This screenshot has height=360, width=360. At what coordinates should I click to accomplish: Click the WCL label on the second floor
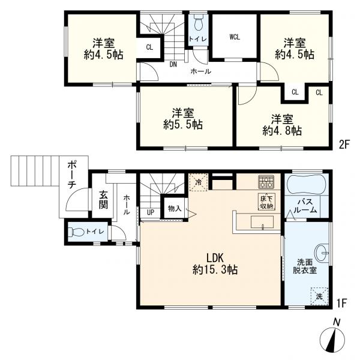click(x=235, y=37)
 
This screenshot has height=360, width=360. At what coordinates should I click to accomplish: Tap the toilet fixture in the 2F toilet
click(x=198, y=23)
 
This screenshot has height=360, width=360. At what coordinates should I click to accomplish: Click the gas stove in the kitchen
click(x=266, y=182)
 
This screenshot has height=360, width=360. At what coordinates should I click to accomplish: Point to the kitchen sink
click(x=262, y=222)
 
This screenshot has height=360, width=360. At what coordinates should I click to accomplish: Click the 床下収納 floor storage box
click(x=266, y=202)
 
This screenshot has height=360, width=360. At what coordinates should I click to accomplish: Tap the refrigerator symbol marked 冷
click(x=199, y=182)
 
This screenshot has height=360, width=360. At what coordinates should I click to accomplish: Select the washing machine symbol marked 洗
click(x=319, y=296)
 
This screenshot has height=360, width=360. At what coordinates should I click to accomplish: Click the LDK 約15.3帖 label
click(x=215, y=264)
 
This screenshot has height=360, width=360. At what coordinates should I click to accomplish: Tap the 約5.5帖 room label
click(x=183, y=119)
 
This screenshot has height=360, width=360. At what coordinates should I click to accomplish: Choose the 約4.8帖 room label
click(x=282, y=125)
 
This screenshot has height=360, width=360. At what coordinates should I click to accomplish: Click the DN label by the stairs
click(x=173, y=65)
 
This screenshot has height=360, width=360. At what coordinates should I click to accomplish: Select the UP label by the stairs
click(x=151, y=212)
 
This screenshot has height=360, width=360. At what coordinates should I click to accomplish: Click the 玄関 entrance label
click(x=103, y=200)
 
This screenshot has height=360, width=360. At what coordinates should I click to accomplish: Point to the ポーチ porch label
click(x=71, y=175)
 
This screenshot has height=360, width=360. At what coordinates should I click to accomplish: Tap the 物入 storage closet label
click(x=175, y=208)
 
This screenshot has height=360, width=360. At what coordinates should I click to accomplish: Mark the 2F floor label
click(x=344, y=145)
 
